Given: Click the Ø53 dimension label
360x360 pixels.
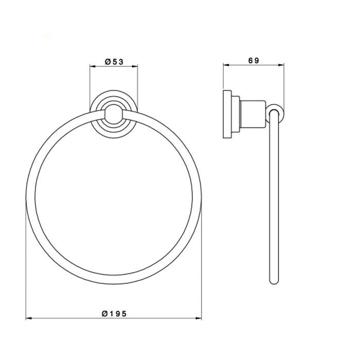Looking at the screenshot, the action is pos(114,62).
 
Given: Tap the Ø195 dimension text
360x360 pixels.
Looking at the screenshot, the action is pos(114,314).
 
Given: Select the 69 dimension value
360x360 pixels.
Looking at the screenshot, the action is pos(254,60).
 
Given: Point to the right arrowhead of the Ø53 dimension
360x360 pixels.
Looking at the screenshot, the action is pos(135,66).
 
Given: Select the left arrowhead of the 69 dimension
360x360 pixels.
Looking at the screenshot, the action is pos(226,65).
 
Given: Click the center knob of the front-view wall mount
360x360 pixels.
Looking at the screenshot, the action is pos(114,114).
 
